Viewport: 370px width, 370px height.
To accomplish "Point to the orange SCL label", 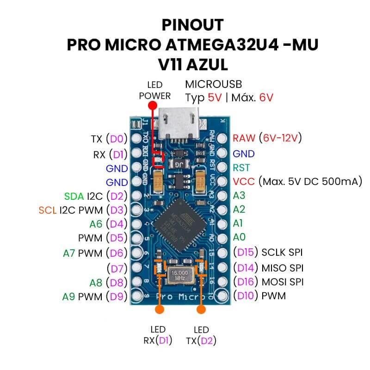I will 48,210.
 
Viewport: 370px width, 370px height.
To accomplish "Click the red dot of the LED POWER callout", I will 151,105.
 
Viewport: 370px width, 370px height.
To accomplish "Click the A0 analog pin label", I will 238,237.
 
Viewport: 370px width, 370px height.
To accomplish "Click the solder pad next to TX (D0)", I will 136,138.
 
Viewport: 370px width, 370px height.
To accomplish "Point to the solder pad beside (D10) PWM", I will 222,296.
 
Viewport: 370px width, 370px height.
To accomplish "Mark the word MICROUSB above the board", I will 213,84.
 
